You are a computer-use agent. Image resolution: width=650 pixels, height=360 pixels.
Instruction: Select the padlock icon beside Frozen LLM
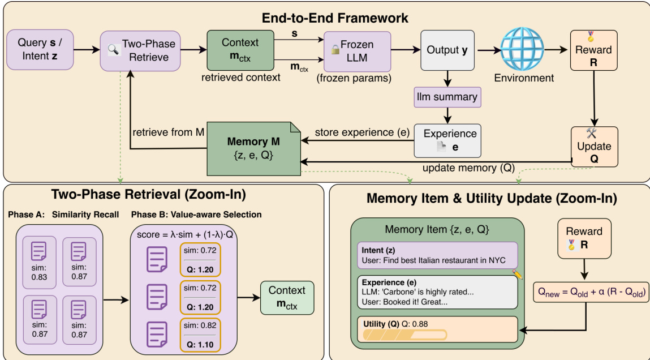[x=335, y=50]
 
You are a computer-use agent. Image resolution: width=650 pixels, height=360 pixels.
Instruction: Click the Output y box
[x=446, y=50]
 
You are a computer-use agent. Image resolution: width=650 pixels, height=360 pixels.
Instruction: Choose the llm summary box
[x=446, y=97]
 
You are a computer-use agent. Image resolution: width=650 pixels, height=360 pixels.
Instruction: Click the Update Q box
[x=593, y=145]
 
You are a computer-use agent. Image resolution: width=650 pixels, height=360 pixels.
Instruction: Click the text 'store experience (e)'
[x=356, y=133]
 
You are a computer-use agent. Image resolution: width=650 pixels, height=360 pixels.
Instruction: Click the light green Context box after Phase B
[x=287, y=297]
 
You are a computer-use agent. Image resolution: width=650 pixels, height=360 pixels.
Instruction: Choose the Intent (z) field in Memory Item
[x=437, y=255]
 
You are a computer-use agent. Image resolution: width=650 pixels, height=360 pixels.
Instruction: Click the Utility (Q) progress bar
[x=405, y=335]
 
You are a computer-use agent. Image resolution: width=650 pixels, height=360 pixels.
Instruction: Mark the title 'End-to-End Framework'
[x=335, y=18]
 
